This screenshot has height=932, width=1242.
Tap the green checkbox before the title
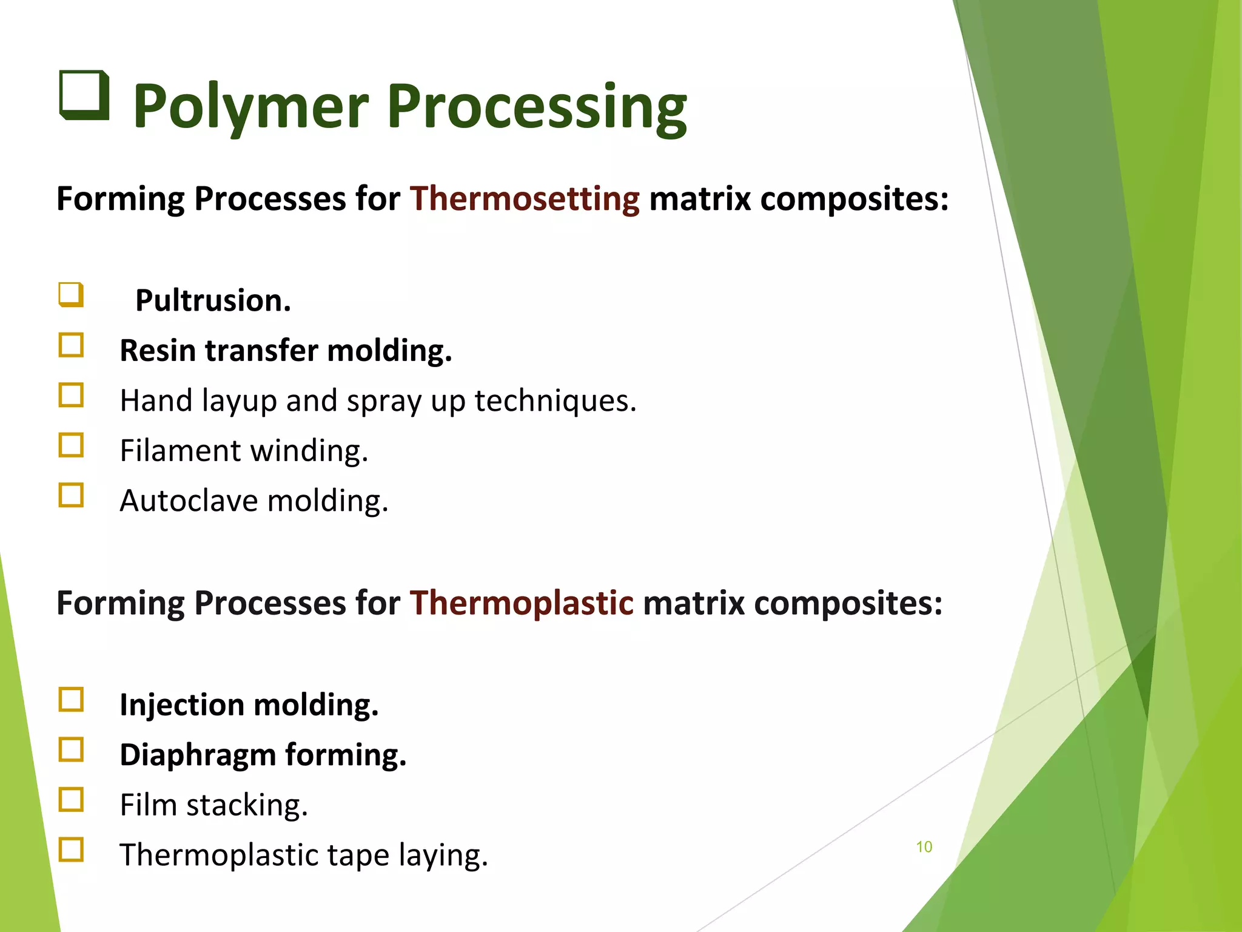click(x=84, y=95)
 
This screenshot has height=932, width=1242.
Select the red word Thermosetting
click(x=525, y=199)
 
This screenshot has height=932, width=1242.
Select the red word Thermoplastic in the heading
click(x=522, y=603)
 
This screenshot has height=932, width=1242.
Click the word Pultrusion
click(x=213, y=300)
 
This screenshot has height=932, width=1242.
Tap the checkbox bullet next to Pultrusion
click(x=71, y=295)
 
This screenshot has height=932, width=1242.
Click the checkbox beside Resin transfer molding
click(x=71, y=345)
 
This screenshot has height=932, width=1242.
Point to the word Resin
click(x=159, y=351)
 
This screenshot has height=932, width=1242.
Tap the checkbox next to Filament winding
click(x=71, y=445)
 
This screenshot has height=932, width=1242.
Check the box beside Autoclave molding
click(x=71, y=495)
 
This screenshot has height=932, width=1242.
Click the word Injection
click(x=181, y=705)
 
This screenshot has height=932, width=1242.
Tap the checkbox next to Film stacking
click(x=71, y=800)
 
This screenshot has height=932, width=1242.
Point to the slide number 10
click(x=924, y=847)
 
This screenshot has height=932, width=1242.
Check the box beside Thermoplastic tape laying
click(x=71, y=849)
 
